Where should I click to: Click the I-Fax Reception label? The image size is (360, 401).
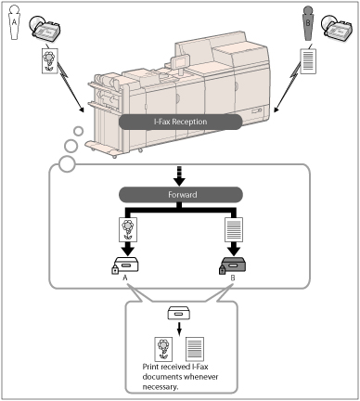click(x=180, y=122)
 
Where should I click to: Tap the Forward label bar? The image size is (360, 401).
click(x=181, y=195)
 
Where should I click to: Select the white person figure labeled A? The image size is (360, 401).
click(x=14, y=22)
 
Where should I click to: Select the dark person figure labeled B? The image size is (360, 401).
click(x=308, y=23)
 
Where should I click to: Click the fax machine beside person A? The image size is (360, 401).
click(x=45, y=29)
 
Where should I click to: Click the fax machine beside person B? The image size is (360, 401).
click(x=337, y=28)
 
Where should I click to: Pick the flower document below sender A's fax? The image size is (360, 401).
click(x=50, y=60)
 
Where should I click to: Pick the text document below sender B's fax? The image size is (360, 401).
click(x=308, y=61)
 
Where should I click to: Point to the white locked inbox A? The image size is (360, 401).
click(x=125, y=265)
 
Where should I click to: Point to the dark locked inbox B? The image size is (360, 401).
click(x=232, y=265)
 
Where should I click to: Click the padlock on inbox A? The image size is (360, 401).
click(x=115, y=269)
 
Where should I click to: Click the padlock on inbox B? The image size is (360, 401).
click(x=223, y=269)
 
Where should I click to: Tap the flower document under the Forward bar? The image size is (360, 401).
click(x=128, y=229)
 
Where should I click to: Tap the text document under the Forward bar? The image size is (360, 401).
click(x=234, y=229)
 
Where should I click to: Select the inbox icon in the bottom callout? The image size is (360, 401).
click(x=179, y=314)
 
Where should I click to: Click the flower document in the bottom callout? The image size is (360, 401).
click(x=163, y=349)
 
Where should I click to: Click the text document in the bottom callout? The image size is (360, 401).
click(x=195, y=349)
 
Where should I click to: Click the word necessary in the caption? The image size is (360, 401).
click(x=160, y=387)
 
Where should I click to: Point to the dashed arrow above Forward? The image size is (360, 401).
click(x=180, y=176)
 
